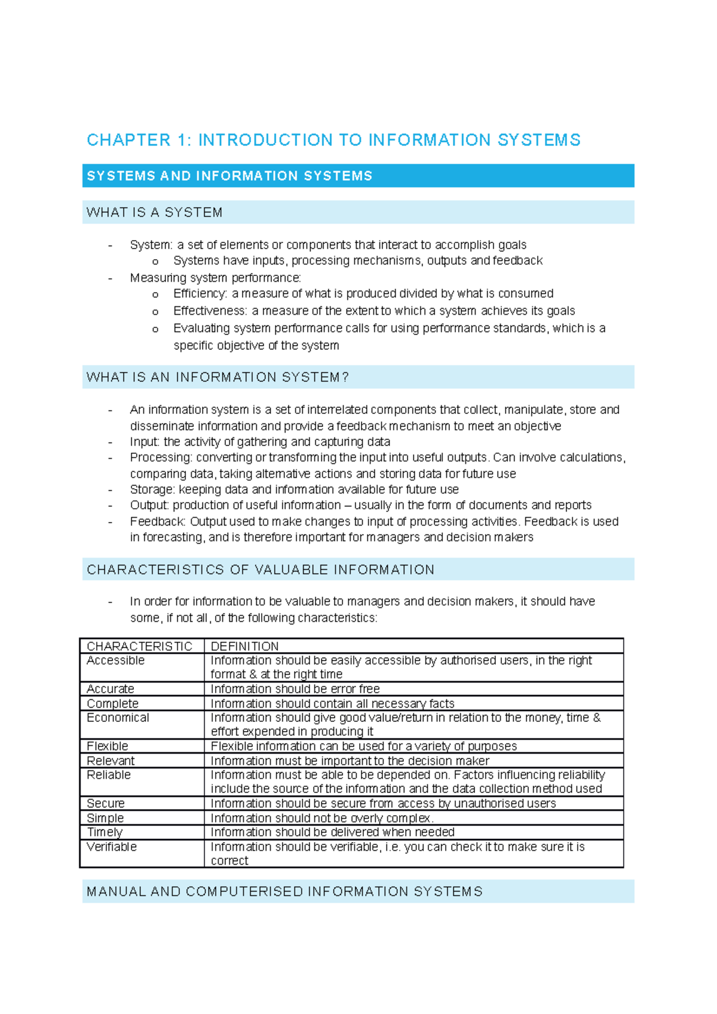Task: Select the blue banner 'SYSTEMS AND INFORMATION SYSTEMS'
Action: point(229,176)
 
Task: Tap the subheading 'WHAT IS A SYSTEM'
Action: point(154,213)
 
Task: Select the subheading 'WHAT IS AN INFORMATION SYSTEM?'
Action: point(217,377)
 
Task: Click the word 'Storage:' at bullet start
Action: point(152,490)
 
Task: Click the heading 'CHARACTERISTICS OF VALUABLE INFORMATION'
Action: point(261,570)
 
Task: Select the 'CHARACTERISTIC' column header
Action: point(139,646)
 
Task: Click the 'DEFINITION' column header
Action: point(244,646)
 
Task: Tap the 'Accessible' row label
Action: point(115,660)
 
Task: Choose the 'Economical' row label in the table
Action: point(118,718)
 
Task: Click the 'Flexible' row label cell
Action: point(107,746)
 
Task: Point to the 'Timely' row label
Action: point(105,832)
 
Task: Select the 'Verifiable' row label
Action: point(111,847)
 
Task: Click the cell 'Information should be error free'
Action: point(295,689)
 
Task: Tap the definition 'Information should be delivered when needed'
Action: point(332,832)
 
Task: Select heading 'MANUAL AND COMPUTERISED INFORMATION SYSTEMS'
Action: point(284,892)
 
